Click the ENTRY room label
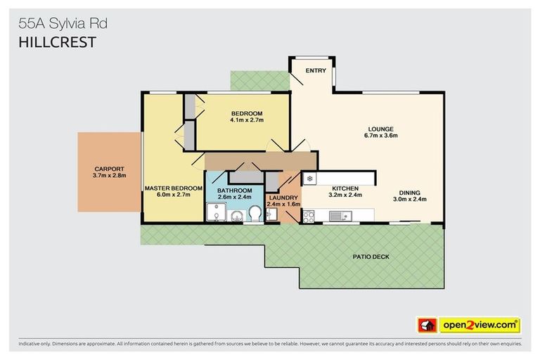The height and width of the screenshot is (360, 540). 314,70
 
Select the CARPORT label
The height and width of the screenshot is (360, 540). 109,169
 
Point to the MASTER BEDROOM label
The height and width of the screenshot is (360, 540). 173,188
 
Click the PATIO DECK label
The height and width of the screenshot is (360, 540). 371,257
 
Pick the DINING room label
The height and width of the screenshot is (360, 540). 410,192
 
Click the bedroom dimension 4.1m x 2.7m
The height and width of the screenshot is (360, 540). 246,120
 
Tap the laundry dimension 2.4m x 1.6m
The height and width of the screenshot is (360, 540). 284,205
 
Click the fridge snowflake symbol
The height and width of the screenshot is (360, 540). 309,178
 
